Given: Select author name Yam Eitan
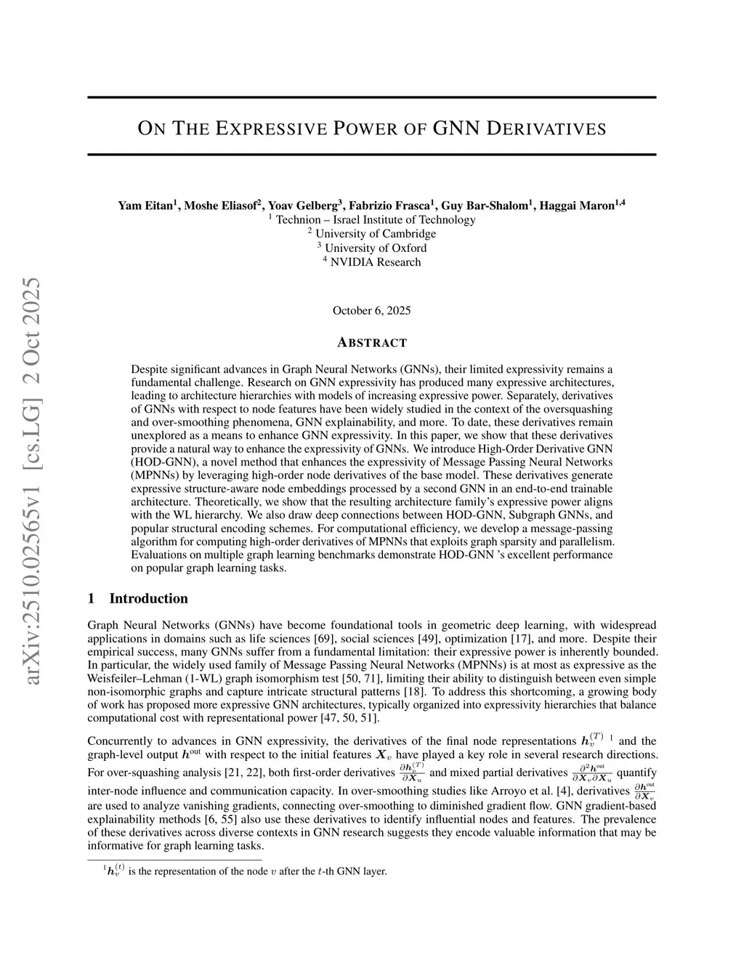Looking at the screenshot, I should coord(145,206).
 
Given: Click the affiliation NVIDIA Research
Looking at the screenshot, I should coord(375,262).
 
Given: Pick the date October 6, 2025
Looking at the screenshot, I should coord(371,311).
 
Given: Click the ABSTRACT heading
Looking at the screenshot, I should coord(371,343).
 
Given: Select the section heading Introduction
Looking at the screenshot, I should coord(148,598).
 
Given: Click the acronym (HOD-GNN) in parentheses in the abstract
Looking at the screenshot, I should coord(161,462).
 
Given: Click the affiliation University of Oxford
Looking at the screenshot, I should coord(375,248).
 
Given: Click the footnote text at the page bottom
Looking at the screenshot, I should coord(247,871).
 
